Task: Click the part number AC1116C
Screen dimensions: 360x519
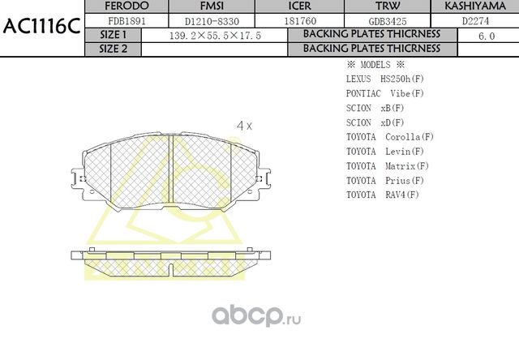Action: (41, 25)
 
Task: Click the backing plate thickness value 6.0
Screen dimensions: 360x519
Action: (486, 36)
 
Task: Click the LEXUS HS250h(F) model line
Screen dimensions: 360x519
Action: (384, 79)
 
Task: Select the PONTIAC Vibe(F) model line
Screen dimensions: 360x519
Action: (384, 93)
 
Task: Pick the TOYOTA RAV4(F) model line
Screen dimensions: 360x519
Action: (382, 195)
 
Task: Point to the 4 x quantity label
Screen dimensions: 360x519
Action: (244, 126)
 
